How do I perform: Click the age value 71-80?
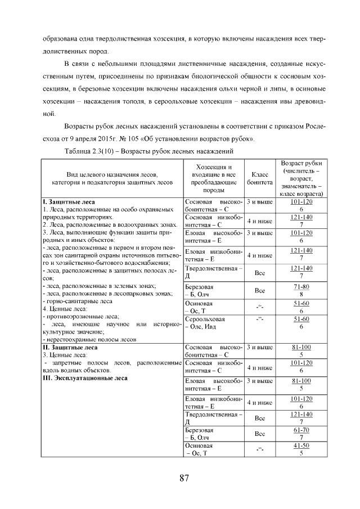[301, 287]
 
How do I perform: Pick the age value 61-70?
[301, 430]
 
